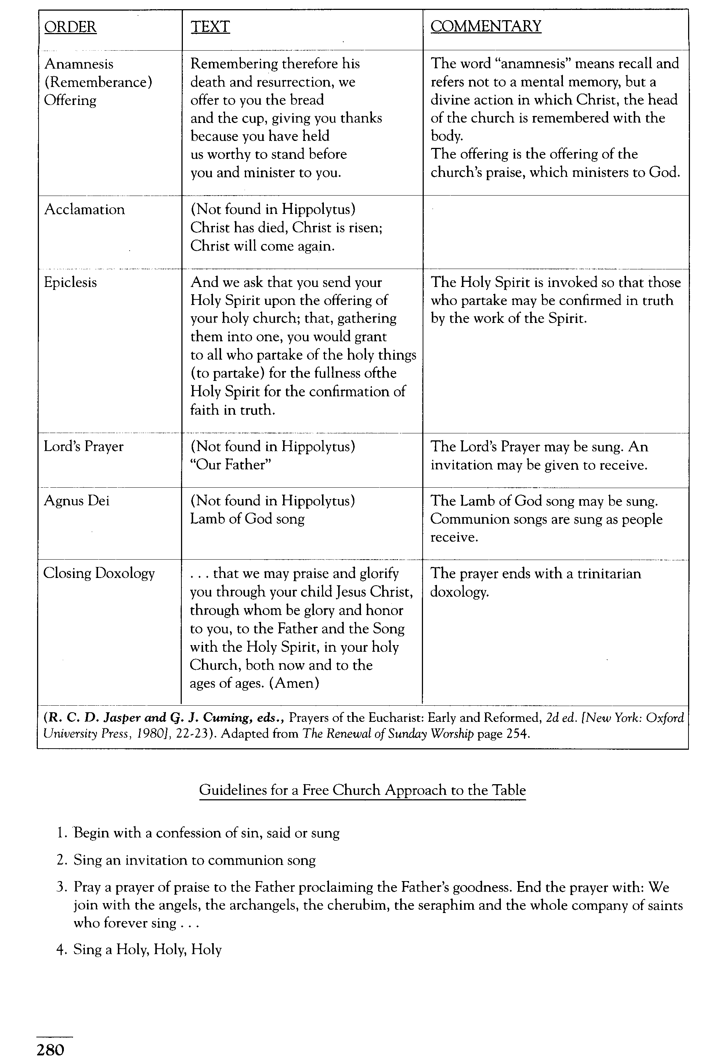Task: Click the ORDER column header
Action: pyautogui.click(x=70, y=27)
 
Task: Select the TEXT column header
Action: pyautogui.click(x=210, y=27)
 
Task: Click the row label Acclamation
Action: pyautogui.click(x=84, y=209)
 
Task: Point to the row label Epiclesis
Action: pyautogui.click(x=70, y=283)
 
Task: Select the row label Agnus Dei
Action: pyautogui.click(x=76, y=501)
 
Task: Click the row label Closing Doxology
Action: pyautogui.click(x=99, y=574)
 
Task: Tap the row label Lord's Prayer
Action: pyautogui.click(x=84, y=447)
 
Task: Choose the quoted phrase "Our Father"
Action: pyautogui.click(x=231, y=465)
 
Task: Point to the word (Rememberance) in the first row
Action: pyautogui.click(x=98, y=82)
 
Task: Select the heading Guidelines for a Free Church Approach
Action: pyautogui.click(x=362, y=790)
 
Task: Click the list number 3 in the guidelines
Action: pyautogui.click(x=62, y=888)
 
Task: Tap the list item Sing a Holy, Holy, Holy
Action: pyautogui.click(x=148, y=950)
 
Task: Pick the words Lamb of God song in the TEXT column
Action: pyautogui.click(x=247, y=519)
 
